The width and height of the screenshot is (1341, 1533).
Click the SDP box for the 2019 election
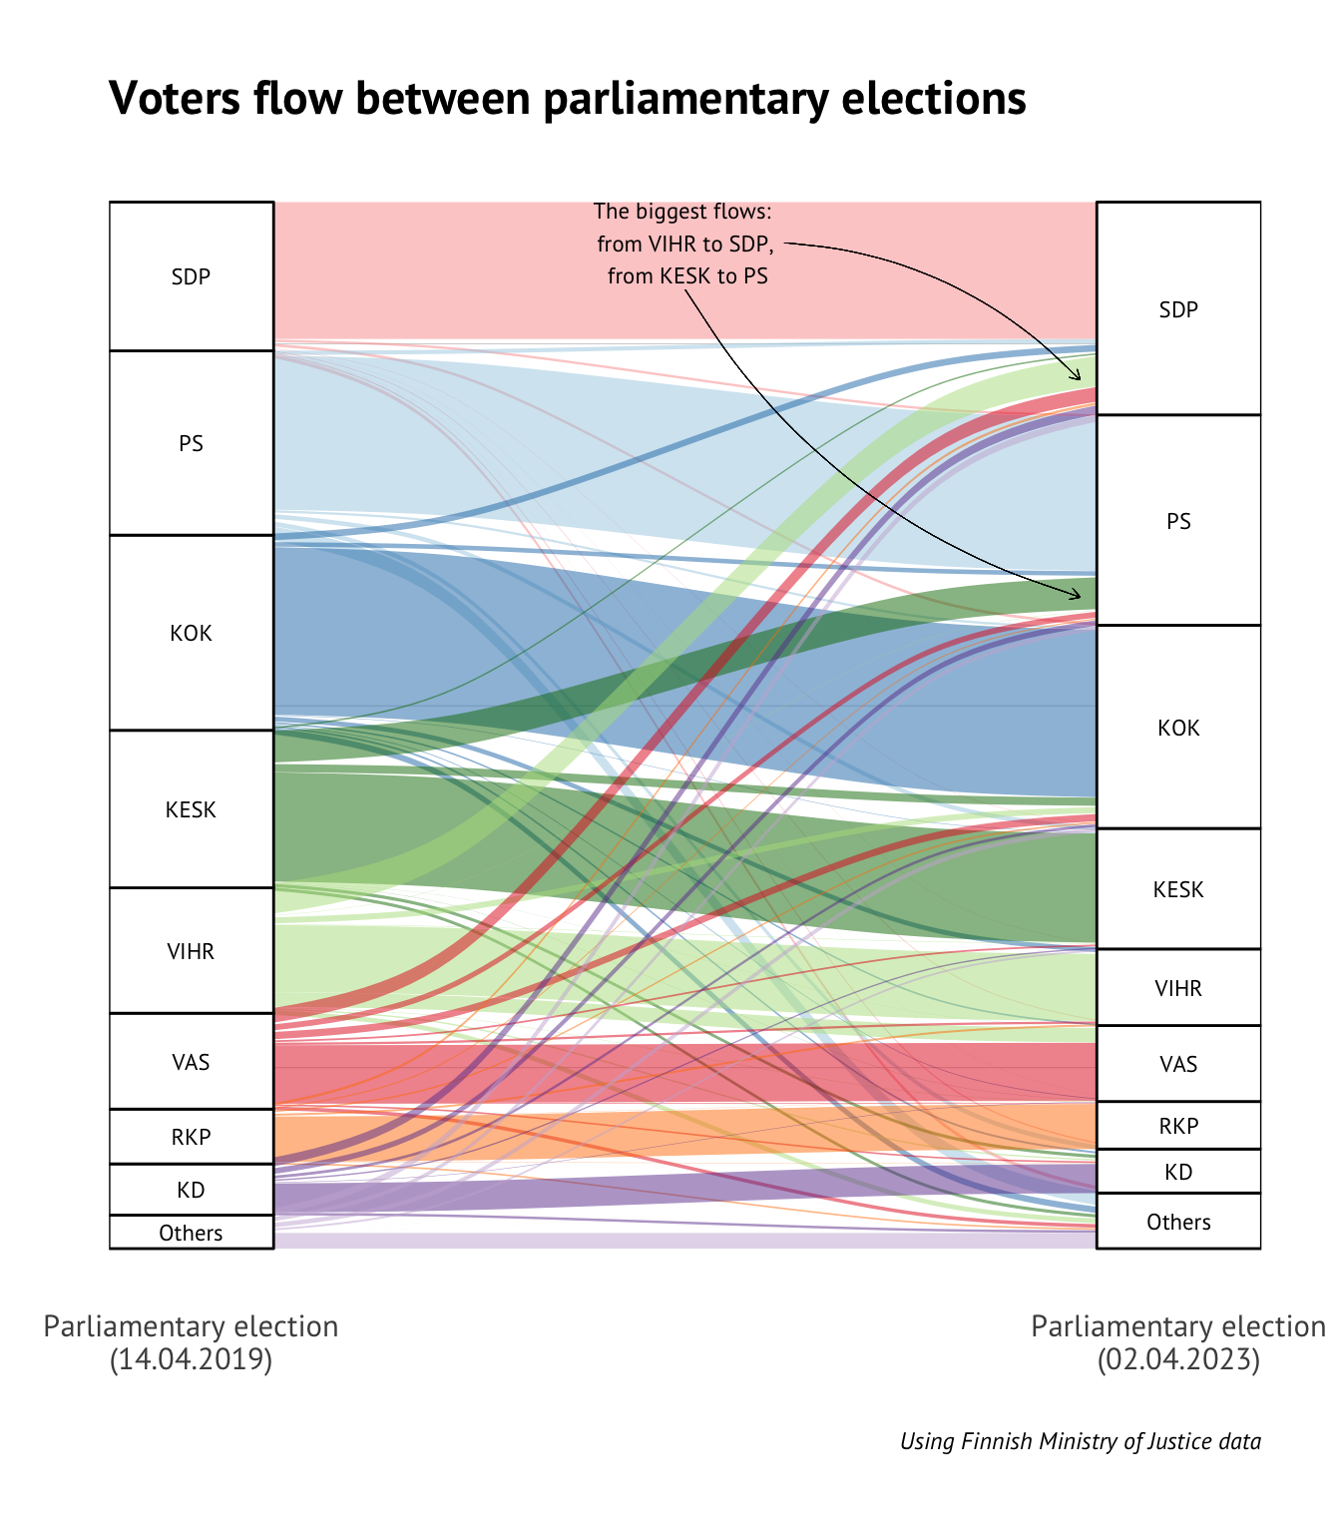point(191,276)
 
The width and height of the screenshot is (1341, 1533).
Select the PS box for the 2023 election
point(1178,520)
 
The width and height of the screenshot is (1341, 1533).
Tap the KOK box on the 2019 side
point(191,633)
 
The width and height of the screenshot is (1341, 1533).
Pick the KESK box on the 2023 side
point(1178,888)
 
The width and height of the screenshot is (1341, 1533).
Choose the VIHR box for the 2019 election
point(191,950)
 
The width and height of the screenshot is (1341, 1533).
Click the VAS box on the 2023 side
point(1178,1064)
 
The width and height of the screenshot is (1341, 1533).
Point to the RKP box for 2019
point(191,1137)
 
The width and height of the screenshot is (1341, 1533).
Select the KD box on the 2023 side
point(1178,1172)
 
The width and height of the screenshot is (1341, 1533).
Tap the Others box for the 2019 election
point(191,1233)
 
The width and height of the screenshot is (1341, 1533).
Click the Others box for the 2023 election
point(1178,1222)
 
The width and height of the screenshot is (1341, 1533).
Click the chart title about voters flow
point(567,98)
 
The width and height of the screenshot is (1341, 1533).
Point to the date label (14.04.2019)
point(191,1359)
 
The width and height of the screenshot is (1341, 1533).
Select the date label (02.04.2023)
point(1178,1359)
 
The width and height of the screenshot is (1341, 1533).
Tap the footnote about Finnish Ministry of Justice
point(1080,1441)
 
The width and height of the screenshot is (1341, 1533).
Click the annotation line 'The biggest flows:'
point(682,212)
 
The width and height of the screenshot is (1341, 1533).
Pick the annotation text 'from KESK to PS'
point(687,276)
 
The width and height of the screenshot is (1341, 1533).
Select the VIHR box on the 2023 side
point(1178,988)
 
